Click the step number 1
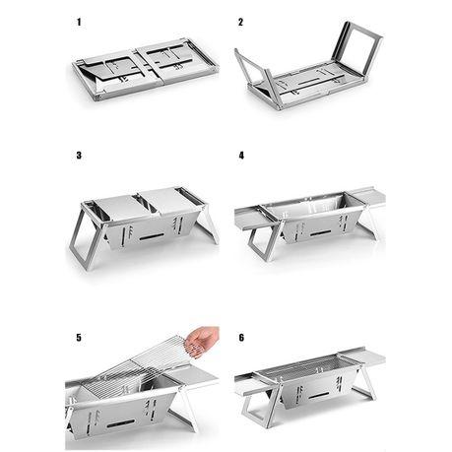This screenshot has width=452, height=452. pos(79,23)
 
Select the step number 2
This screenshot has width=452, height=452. pos(241,23)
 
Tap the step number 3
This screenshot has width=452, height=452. pos(79,156)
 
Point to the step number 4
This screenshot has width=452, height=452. pos(241,156)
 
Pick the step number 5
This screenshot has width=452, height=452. pos(79,338)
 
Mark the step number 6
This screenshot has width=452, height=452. pos(241,338)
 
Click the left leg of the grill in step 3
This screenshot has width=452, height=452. pos(85,236)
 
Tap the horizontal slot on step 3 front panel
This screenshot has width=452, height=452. pos(152,236)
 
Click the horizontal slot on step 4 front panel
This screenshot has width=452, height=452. pos(320,233)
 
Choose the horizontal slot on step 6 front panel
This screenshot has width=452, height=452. pos(318,396)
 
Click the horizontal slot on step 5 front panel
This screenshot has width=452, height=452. pos(121,423)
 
